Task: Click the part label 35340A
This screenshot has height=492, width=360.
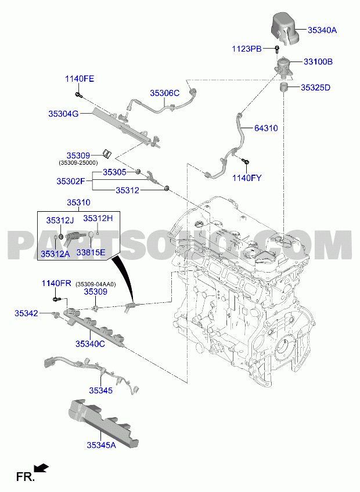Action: pyautogui.click(x=322, y=29)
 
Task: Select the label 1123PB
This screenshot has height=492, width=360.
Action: pyautogui.click(x=247, y=49)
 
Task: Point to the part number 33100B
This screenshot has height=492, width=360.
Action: pyautogui.click(x=318, y=61)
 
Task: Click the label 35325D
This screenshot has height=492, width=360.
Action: pyautogui.click(x=315, y=88)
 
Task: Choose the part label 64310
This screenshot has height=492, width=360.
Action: pyautogui.click(x=266, y=128)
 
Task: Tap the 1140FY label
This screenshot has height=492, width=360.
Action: pyautogui.click(x=247, y=178)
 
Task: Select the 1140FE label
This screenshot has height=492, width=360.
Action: pyautogui.click(x=79, y=78)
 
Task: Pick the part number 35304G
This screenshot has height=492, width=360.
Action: pyautogui.click(x=63, y=114)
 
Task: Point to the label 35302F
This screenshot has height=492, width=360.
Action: pyautogui.click(x=71, y=181)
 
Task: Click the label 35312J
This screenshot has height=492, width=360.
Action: pyautogui.click(x=60, y=220)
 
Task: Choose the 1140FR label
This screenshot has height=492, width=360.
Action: pyautogui.click(x=56, y=283)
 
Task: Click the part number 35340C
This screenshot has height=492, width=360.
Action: pyautogui.click(x=89, y=343)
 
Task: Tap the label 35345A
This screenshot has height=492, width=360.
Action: pyautogui.click(x=102, y=446)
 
